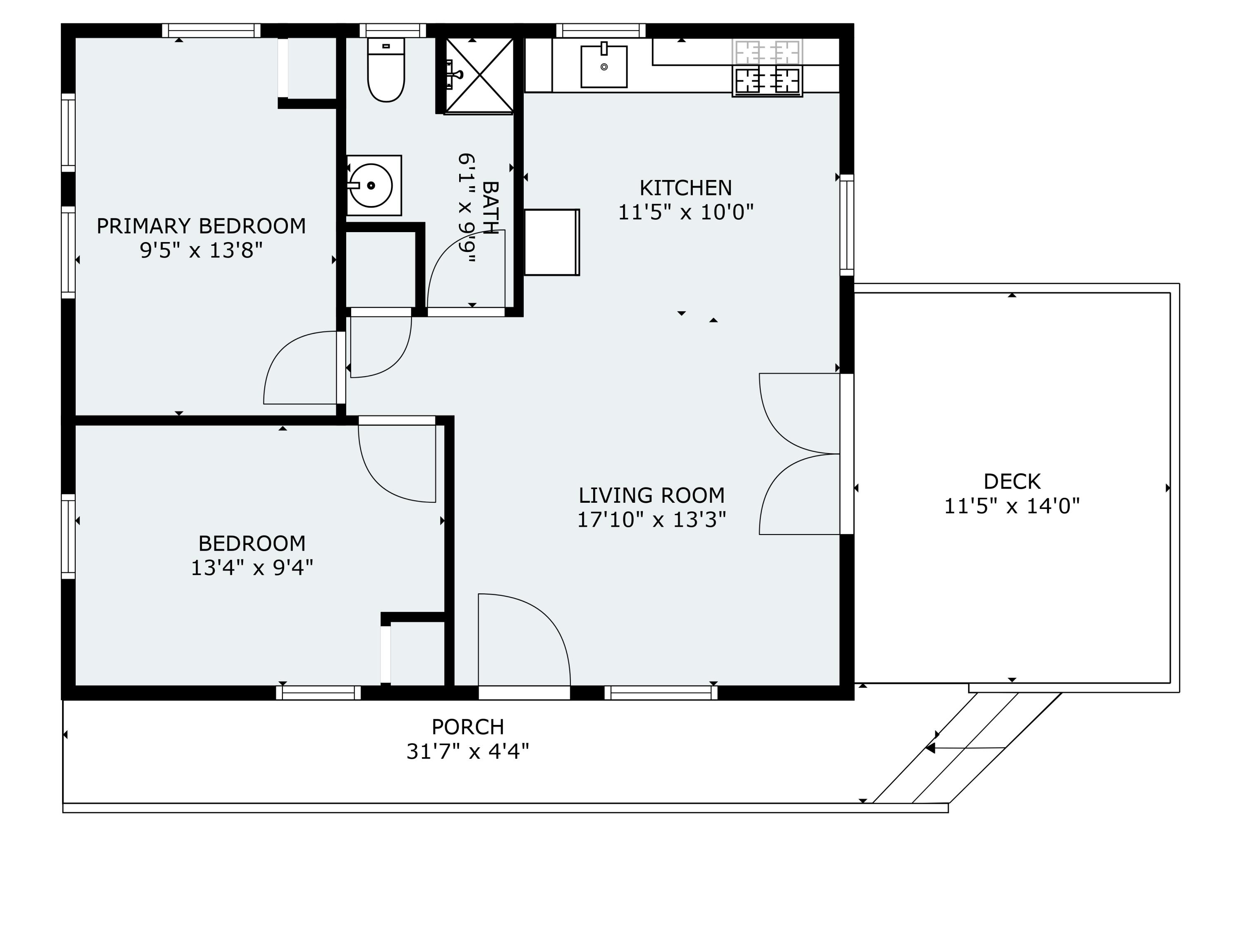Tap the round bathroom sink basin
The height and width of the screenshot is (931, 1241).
pyautogui.click(x=371, y=185)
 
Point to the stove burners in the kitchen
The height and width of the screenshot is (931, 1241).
pyautogui.click(x=767, y=80)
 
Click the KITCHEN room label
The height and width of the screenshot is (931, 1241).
pyautogui.click(x=685, y=187)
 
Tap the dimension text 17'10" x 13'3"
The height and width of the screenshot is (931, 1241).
pyautogui.click(x=652, y=520)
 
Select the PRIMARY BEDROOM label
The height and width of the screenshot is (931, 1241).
pyautogui.click(x=201, y=226)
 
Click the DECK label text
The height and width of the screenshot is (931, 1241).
pyautogui.click(x=1011, y=482)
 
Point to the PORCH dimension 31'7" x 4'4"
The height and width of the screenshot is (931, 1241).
pyautogui.click(x=467, y=751)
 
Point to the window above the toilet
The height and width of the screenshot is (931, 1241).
pyautogui.click(x=393, y=30)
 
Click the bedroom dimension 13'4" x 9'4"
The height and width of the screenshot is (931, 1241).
pyautogui.click(x=252, y=569)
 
